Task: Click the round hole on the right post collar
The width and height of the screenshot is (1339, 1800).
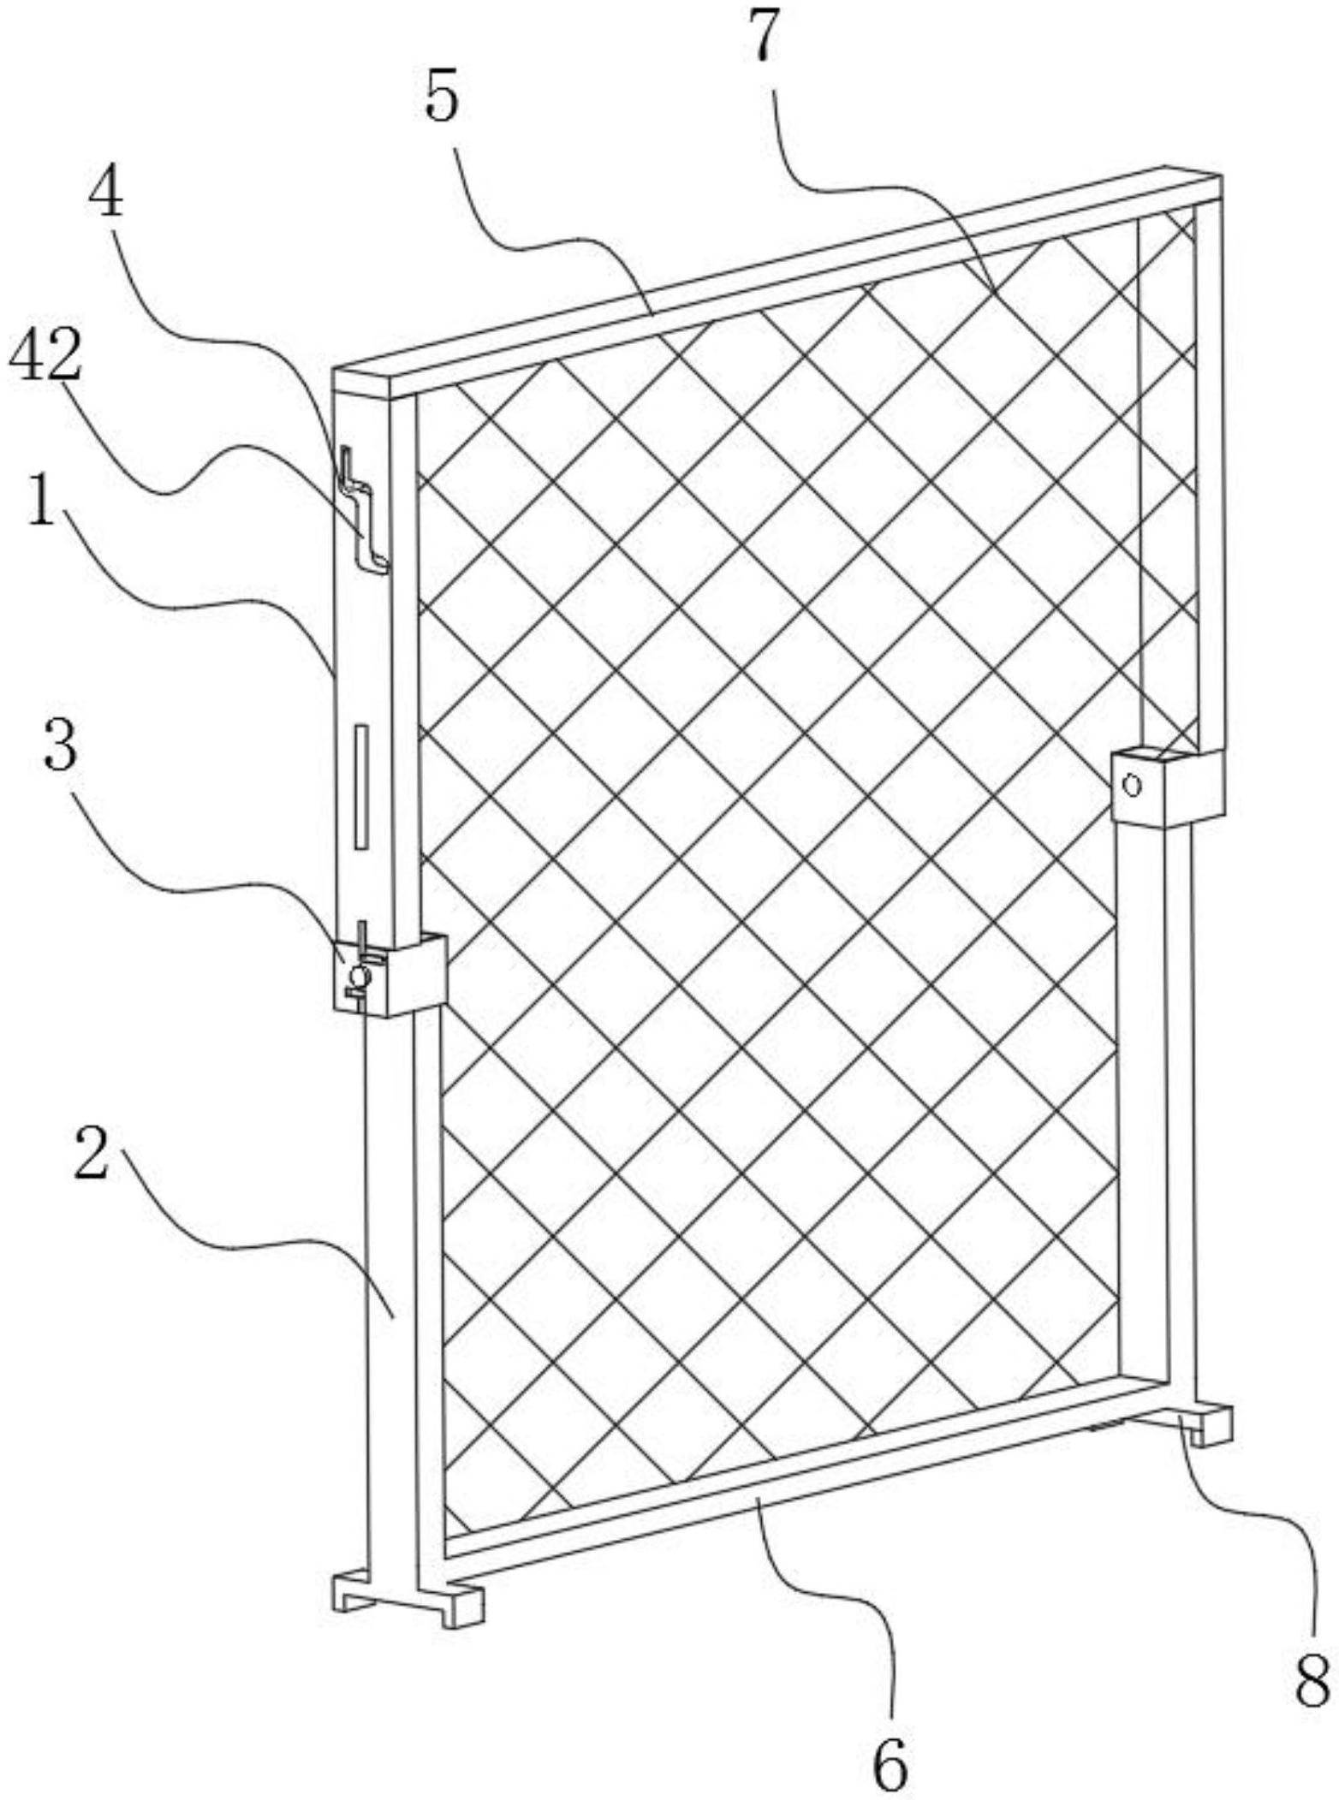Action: click(1133, 784)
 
